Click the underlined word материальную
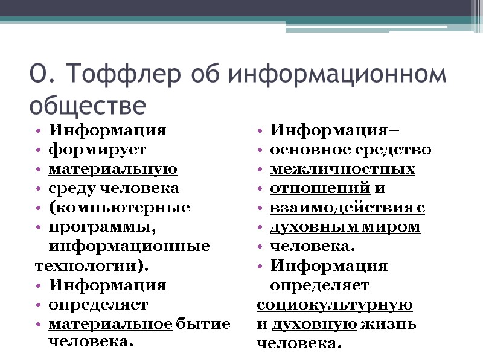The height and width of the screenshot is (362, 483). pyautogui.click(x=113, y=168)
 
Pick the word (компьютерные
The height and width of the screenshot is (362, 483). pyautogui.click(x=120, y=208)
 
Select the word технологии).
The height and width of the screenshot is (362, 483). pyautogui.click(x=91, y=265)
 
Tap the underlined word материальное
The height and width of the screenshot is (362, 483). pyautogui.click(x=110, y=323)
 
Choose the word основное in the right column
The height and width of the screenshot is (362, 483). pyautogui.click(x=303, y=149)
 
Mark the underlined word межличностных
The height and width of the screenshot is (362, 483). pyautogui.click(x=342, y=168)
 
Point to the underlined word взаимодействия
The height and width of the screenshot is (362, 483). pyautogui.click(x=339, y=208)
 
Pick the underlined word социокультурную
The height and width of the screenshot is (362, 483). pyautogui.click(x=335, y=305)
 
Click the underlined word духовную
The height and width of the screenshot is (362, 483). pyautogui.click(x=314, y=324)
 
